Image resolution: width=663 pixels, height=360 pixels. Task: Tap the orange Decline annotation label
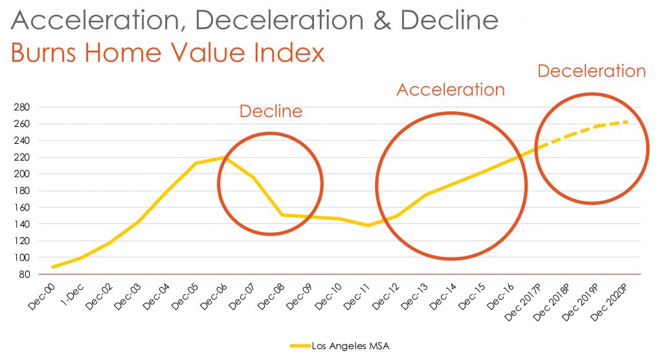point(271,111)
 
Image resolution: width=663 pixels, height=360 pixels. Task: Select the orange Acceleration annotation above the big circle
point(450,89)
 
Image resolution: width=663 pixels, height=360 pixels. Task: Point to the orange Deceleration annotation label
point(592,71)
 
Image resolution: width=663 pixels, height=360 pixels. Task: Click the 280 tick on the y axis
point(22,107)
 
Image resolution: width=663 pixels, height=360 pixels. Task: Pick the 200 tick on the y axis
point(22,174)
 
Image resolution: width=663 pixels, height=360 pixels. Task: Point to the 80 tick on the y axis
point(24,275)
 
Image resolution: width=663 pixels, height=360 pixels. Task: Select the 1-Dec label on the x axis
point(69,295)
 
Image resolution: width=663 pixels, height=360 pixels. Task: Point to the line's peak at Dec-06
point(223,157)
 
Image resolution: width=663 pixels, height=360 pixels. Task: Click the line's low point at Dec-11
point(368,225)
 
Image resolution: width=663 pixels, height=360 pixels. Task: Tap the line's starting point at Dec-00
point(52,267)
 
